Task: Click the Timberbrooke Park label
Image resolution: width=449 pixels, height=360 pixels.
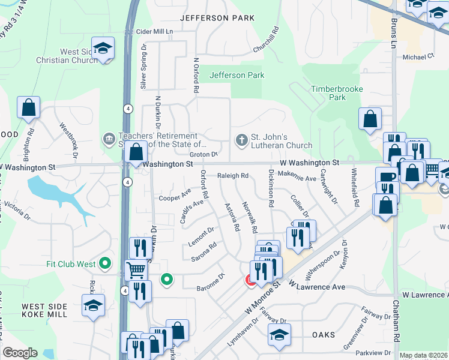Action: [329, 93]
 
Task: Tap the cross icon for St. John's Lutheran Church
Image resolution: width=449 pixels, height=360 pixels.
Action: [241, 140]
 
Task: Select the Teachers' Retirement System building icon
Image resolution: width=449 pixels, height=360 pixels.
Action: [109, 139]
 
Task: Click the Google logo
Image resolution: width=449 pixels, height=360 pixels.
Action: [20, 353]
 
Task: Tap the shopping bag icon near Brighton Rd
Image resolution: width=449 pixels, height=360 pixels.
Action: [28, 108]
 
